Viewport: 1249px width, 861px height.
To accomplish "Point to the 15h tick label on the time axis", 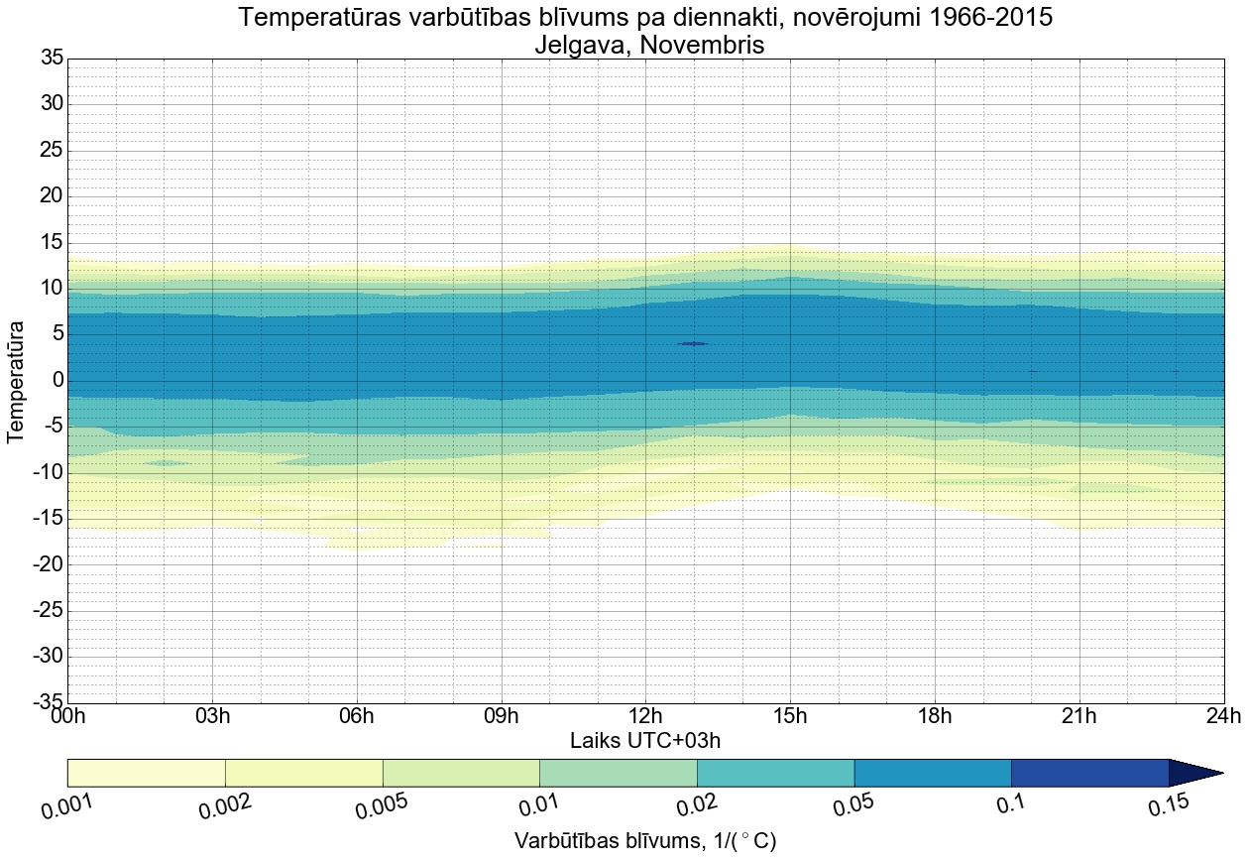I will (x=790, y=717).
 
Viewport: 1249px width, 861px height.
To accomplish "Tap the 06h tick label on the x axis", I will (x=357, y=717).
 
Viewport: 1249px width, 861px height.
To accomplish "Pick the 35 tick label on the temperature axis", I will (x=52, y=59).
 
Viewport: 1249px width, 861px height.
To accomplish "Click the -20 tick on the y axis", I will (x=48, y=564).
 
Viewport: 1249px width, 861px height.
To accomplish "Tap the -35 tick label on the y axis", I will (x=48, y=702).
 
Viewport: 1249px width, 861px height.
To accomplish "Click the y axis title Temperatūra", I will (x=17, y=381).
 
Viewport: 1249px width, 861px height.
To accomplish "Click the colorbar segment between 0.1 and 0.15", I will (x=1089, y=773).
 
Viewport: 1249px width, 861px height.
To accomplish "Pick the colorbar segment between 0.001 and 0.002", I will (x=147, y=773).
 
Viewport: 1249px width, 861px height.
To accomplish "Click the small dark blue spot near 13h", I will (x=693, y=343).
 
